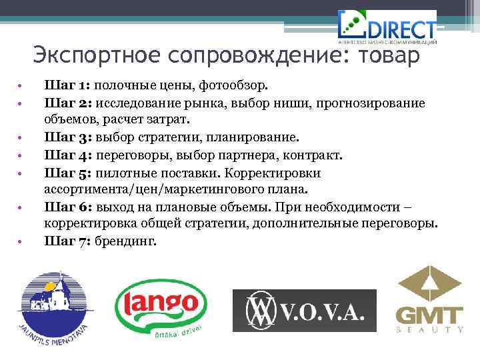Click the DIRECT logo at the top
tap(388, 27)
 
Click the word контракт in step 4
tap(316, 155)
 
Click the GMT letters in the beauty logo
tap(429, 315)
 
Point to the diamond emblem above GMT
tap(429, 283)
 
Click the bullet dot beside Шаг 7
tap(21, 241)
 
